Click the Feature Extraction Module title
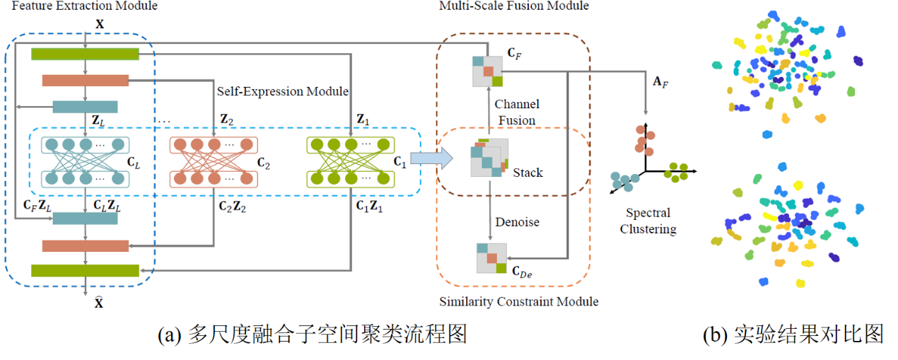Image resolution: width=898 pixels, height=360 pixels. coord(78,6)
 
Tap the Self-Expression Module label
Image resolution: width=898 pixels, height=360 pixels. coord(283,91)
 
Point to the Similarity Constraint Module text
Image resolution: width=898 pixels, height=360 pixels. coord(519,302)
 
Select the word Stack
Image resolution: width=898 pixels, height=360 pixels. coord(527,172)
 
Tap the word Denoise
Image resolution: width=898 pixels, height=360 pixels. coord(516,222)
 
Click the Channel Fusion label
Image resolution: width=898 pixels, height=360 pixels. coord(516,112)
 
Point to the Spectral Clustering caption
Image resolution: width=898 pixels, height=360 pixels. coord(648,221)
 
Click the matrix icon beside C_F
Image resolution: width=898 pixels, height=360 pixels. coord(487,71)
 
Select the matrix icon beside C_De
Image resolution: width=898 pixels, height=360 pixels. coord(491,258)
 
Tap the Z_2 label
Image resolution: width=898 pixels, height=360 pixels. coord(227,120)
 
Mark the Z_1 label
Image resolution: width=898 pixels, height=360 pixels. coord(363,120)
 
